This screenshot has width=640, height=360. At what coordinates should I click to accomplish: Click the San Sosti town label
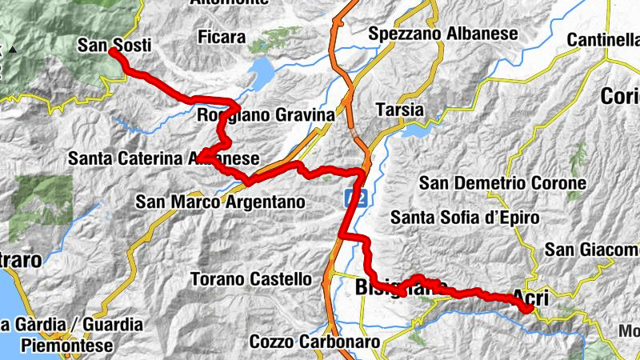[x=114, y=46]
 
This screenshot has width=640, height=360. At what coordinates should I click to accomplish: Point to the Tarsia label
[x=401, y=110]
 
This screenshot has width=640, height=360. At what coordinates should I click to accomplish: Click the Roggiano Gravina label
[x=265, y=116]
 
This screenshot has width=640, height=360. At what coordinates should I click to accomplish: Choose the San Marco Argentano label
[x=221, y=202]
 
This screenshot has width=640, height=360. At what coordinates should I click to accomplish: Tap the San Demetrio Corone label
[x=502, y=183]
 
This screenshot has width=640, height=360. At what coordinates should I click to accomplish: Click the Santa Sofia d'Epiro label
[x=465, y=217]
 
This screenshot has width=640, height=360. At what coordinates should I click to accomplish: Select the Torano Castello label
[x=251, y=280]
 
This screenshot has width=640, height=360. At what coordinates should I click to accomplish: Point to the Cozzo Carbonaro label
[x=314, y=342]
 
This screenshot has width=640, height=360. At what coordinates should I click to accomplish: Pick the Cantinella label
[x=604, y=40]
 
